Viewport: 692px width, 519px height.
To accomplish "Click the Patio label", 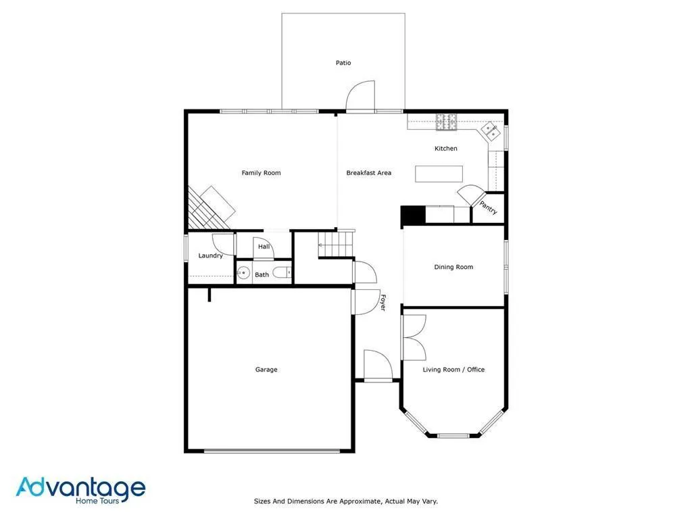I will (343, 63).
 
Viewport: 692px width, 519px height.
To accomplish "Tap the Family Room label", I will (261, 173).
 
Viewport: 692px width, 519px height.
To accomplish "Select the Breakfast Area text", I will (368, 173).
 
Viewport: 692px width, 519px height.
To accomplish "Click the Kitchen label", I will (445, 148).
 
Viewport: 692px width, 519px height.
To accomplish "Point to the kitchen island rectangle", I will (439, 174).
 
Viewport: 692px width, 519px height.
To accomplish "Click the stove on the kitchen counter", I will (446, 122).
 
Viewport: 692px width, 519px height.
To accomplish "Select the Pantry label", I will (489, 207).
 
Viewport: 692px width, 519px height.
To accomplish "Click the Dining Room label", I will (453, 267).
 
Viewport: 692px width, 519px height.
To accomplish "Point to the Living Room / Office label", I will (453, 370).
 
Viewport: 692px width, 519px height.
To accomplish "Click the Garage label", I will (266, 370).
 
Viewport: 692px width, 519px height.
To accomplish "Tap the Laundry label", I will (210, 255).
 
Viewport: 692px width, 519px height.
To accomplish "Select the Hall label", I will (264, 247).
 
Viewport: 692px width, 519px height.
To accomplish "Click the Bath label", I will (262, 274).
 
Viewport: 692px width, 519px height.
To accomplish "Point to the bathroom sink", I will (243, 274).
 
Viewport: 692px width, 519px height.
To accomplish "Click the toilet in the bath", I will (286, 273).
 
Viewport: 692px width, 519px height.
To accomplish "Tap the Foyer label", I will (382, 302).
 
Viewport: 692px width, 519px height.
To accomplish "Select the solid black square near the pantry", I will (412, 215).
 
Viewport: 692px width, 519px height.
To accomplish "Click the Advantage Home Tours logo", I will (80, 489).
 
